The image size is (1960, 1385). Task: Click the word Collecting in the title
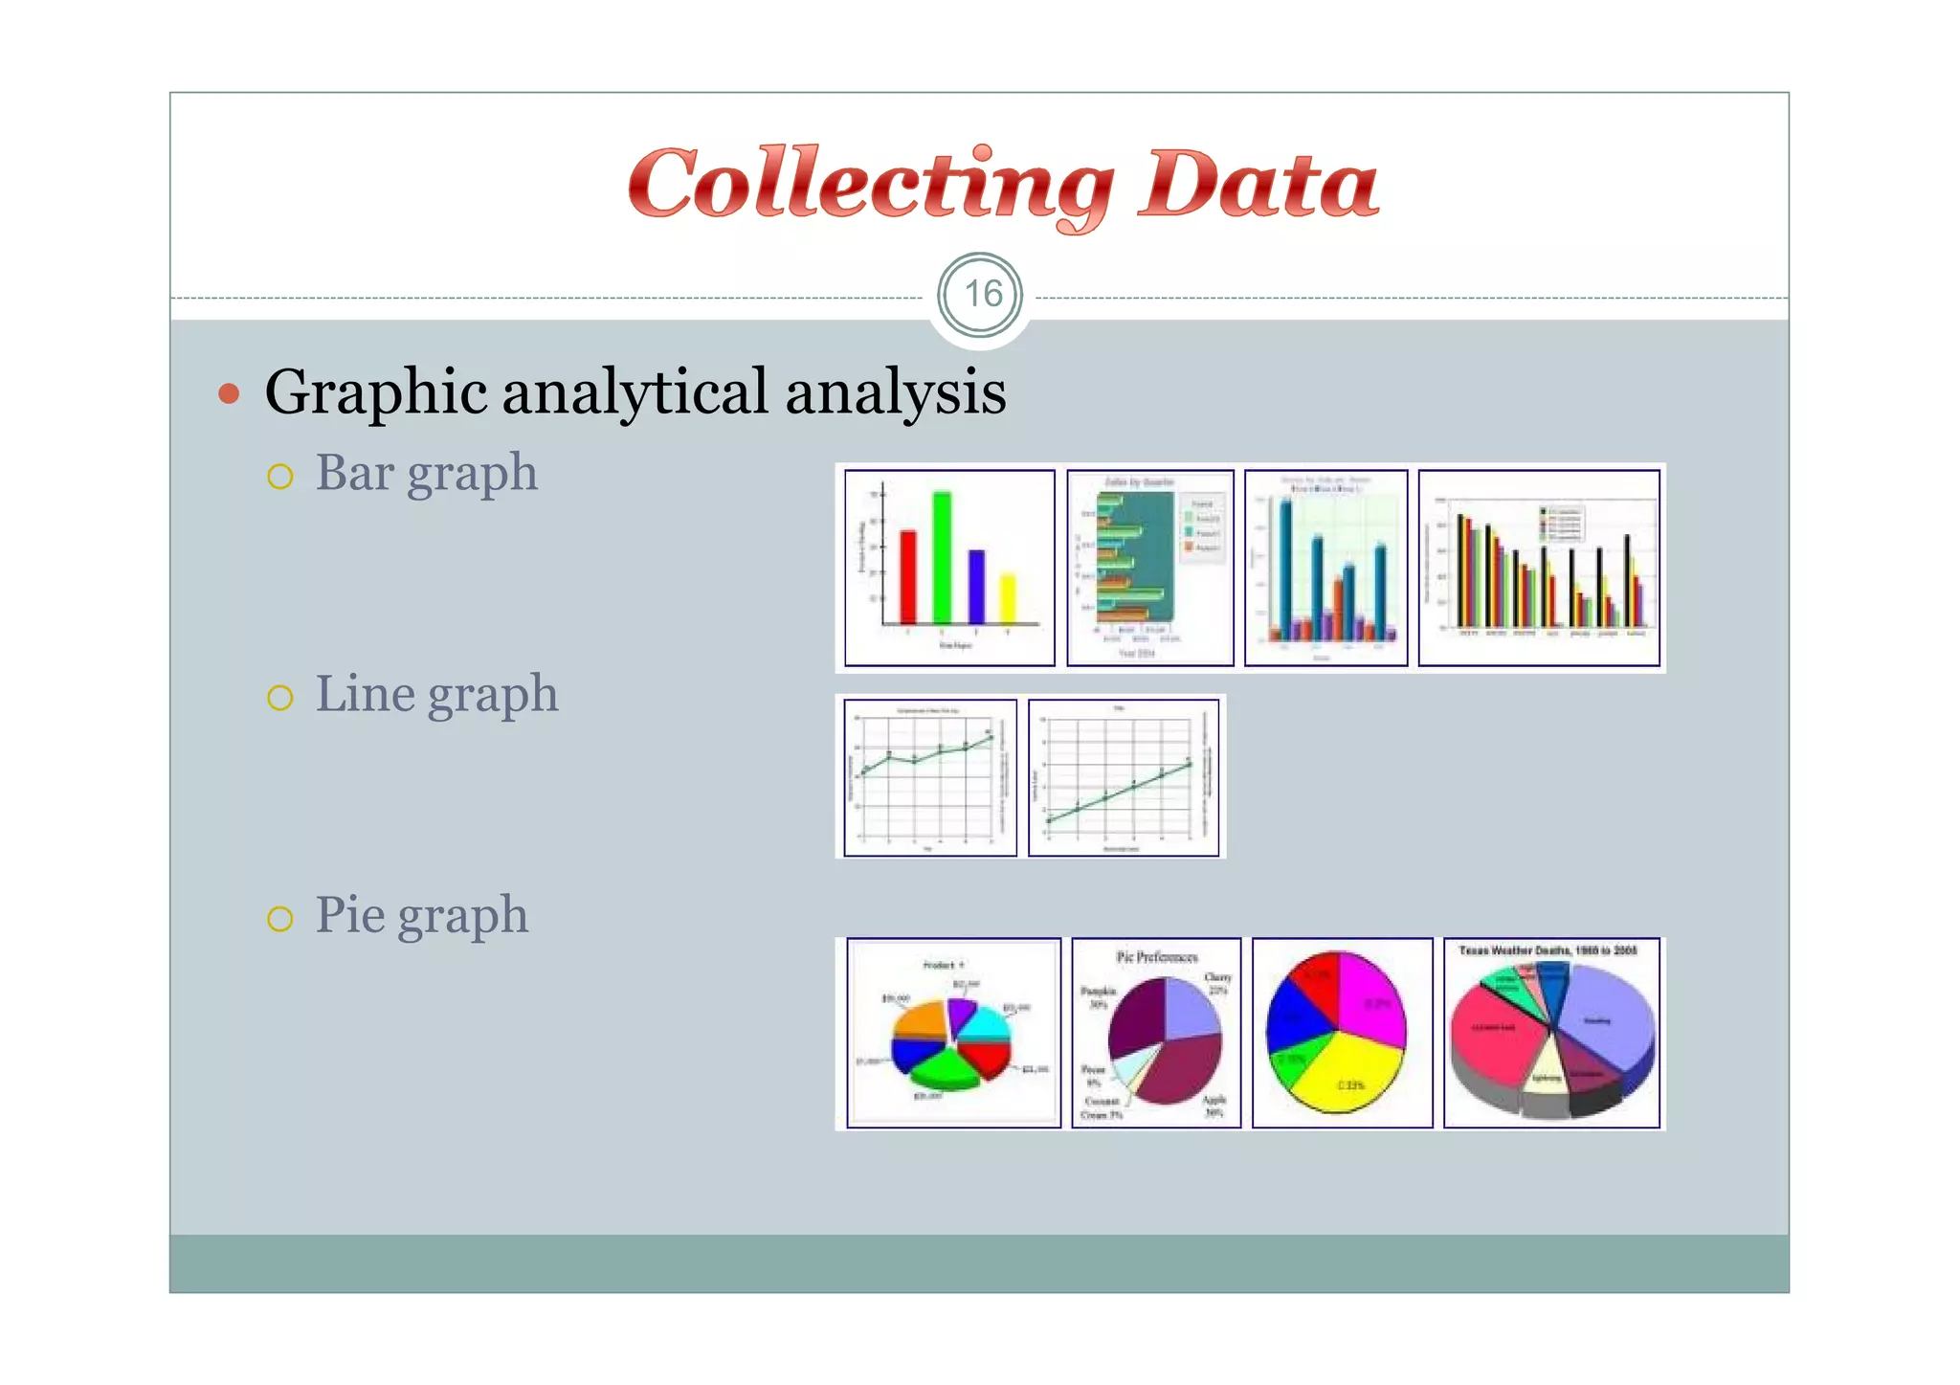tap(869, 185)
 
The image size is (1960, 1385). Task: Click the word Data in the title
tap(1258, 185)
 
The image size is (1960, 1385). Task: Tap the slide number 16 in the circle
tap(981, 295)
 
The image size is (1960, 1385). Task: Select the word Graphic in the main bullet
tap(376, 392)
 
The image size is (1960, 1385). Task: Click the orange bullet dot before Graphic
tap(228, 392)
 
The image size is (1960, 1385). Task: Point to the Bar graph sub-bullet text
tap(426, 473)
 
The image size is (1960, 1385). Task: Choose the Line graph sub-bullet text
tap(436, 694)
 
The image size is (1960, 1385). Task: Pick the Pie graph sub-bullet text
tap(421, 915)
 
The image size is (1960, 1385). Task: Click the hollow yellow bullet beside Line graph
tap(279, 698)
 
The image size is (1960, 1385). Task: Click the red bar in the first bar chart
tap(907, 577)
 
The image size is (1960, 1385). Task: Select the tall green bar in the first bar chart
tap(942, 558)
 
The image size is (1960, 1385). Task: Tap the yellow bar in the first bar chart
tap(1007, 598)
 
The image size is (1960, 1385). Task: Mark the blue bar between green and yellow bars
tap(975, 586)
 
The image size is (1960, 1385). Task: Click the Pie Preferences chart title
tap(1156, 956)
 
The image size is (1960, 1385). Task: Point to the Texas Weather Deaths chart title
tap(1548, 950)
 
